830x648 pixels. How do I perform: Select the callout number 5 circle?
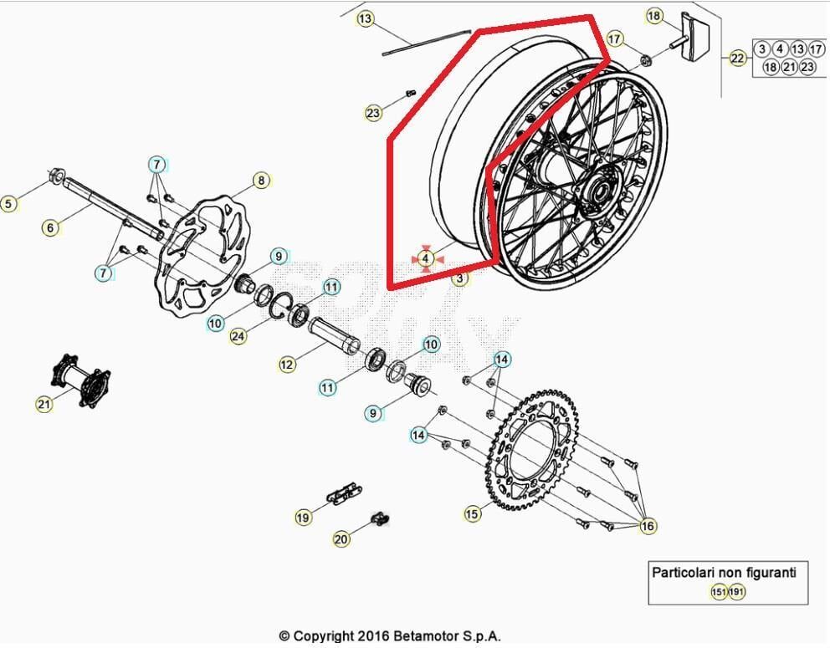(8, 203)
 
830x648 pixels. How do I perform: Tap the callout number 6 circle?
(50, 227)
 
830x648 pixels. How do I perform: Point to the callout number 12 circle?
(287, 365)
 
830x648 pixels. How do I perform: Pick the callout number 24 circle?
(238, 336)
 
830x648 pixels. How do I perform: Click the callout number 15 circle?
(473, 513)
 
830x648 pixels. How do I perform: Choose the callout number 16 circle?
(648, 526)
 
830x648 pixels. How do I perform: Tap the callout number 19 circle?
(303, 518)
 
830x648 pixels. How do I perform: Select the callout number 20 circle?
(341, 539)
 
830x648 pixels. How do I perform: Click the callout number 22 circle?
(737, 58)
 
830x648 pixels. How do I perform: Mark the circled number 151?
(718, 592)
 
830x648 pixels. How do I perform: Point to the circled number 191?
(736, 592)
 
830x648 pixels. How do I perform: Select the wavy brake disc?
(209, 251)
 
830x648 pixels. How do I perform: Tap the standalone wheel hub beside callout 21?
(81, 381)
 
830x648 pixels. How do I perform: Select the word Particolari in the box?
(683, 573)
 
